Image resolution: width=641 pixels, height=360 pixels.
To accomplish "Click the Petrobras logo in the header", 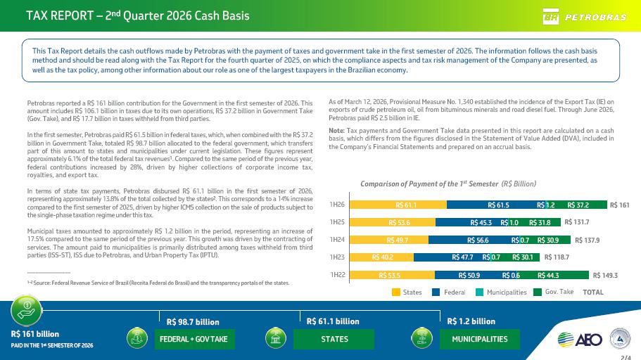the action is click(584, 16).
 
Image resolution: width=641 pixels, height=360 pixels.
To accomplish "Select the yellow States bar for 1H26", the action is click(398, 205).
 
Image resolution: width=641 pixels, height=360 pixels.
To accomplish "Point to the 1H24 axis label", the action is click(337, 240).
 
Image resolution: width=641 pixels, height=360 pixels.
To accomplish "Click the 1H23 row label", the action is click(337, 257).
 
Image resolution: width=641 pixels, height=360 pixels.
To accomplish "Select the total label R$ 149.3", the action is click(605, 276).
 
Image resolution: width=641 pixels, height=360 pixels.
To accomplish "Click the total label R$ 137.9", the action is click(587, 240).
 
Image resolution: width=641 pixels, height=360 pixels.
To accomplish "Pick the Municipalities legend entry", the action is click(501, 292).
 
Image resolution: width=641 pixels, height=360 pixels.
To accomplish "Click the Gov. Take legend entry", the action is click(554, 292).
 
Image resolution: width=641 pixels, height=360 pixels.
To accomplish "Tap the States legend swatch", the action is click(395, 292).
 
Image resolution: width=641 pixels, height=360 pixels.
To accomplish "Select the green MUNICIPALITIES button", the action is click(480, 339).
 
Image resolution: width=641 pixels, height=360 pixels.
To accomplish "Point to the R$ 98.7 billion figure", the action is click(193, 322).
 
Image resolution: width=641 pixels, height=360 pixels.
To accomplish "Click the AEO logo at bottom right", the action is click(580, 340).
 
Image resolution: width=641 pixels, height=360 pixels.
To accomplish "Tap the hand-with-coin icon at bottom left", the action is click(27, 310).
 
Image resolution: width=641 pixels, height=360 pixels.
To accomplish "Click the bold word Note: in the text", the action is click(337, 131).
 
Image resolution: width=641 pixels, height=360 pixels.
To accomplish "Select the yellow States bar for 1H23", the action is click(381, 257).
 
